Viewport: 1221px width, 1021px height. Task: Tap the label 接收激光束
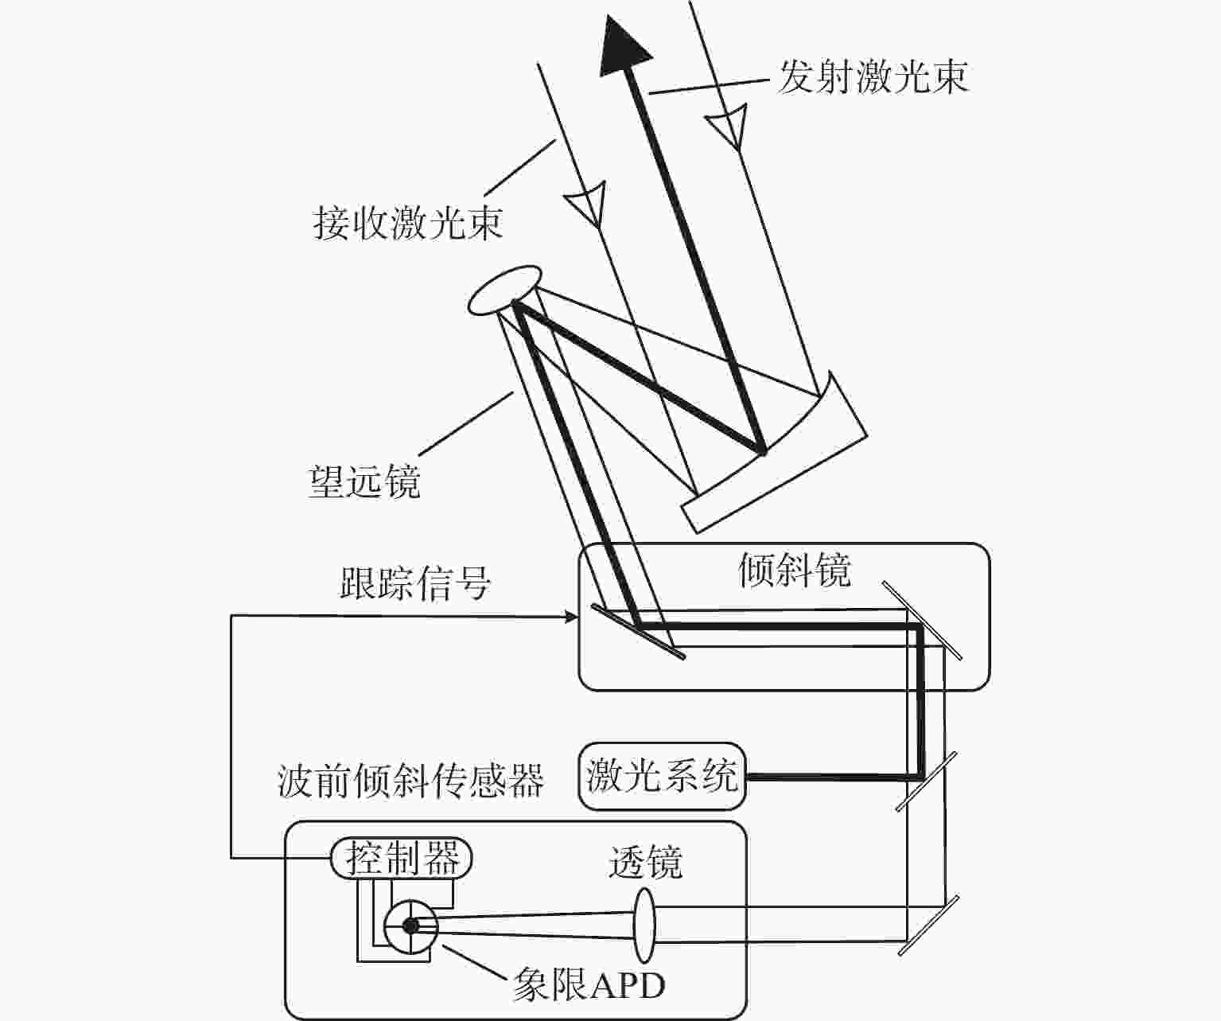coord(407,223)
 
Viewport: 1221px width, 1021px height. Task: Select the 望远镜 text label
coord(364,481)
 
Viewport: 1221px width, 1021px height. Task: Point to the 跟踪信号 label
coord(414,583)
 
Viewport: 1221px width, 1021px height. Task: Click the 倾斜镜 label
coord(794,570)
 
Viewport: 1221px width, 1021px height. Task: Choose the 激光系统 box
coord(662,776)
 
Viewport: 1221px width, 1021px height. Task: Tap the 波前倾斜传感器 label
coord(410,781)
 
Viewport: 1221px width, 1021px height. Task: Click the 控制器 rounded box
coord(401,859)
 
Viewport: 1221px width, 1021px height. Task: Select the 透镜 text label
coord(645,862)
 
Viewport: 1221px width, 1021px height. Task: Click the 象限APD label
coord(589,985)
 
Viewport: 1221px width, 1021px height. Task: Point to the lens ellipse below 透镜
coord(644,925)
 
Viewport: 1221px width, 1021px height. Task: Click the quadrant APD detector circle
coord(410,926)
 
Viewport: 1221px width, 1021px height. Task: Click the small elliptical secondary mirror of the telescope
coord(504,290)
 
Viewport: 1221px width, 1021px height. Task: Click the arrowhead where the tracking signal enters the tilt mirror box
coord(570,616)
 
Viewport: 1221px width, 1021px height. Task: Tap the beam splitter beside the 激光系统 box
coord(926,781)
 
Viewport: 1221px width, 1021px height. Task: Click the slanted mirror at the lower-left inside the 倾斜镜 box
coord(637,631)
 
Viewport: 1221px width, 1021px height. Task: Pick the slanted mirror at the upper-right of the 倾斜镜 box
coord(922,620)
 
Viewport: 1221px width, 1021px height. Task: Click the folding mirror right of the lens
coord(928,925)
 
